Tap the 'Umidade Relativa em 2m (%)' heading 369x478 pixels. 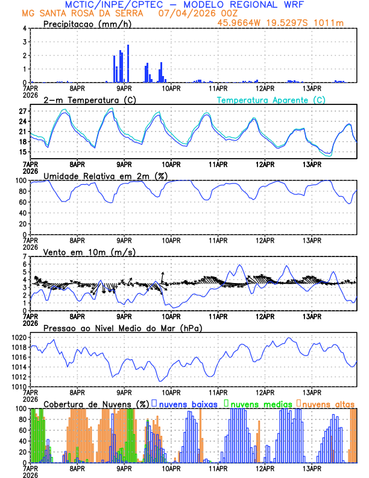click(106, 176)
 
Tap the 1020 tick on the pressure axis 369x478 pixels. click(19, 337)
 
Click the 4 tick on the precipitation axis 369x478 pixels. click(25, 28)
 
